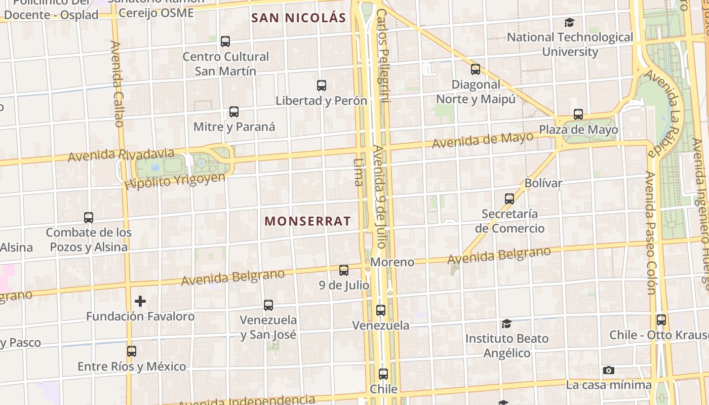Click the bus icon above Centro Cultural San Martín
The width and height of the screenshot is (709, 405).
click(225, 42)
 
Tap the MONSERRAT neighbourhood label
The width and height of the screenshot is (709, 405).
click(307, 221)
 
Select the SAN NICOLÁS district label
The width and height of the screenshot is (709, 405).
click(299, 18)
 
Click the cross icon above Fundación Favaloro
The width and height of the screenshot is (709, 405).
click(140, 302)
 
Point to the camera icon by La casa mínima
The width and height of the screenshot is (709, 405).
click(609, 371)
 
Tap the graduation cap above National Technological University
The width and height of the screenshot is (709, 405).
click(570, 23)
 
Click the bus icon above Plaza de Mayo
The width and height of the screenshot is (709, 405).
click(578, 114)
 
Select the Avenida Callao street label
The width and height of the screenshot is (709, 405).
click(117, 84)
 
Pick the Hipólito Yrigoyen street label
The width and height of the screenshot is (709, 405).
click(175, 181)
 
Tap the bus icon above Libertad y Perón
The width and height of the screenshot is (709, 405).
click(322, 86)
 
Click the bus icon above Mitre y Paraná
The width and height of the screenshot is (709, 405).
click(234, 112)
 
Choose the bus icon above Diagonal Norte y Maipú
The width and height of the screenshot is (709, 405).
click(476, 69)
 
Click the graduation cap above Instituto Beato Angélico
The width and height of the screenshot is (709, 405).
click(506, 323)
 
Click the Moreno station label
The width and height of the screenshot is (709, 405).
click(392, 262)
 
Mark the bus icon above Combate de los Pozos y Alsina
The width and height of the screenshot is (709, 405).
click(89, 218)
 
